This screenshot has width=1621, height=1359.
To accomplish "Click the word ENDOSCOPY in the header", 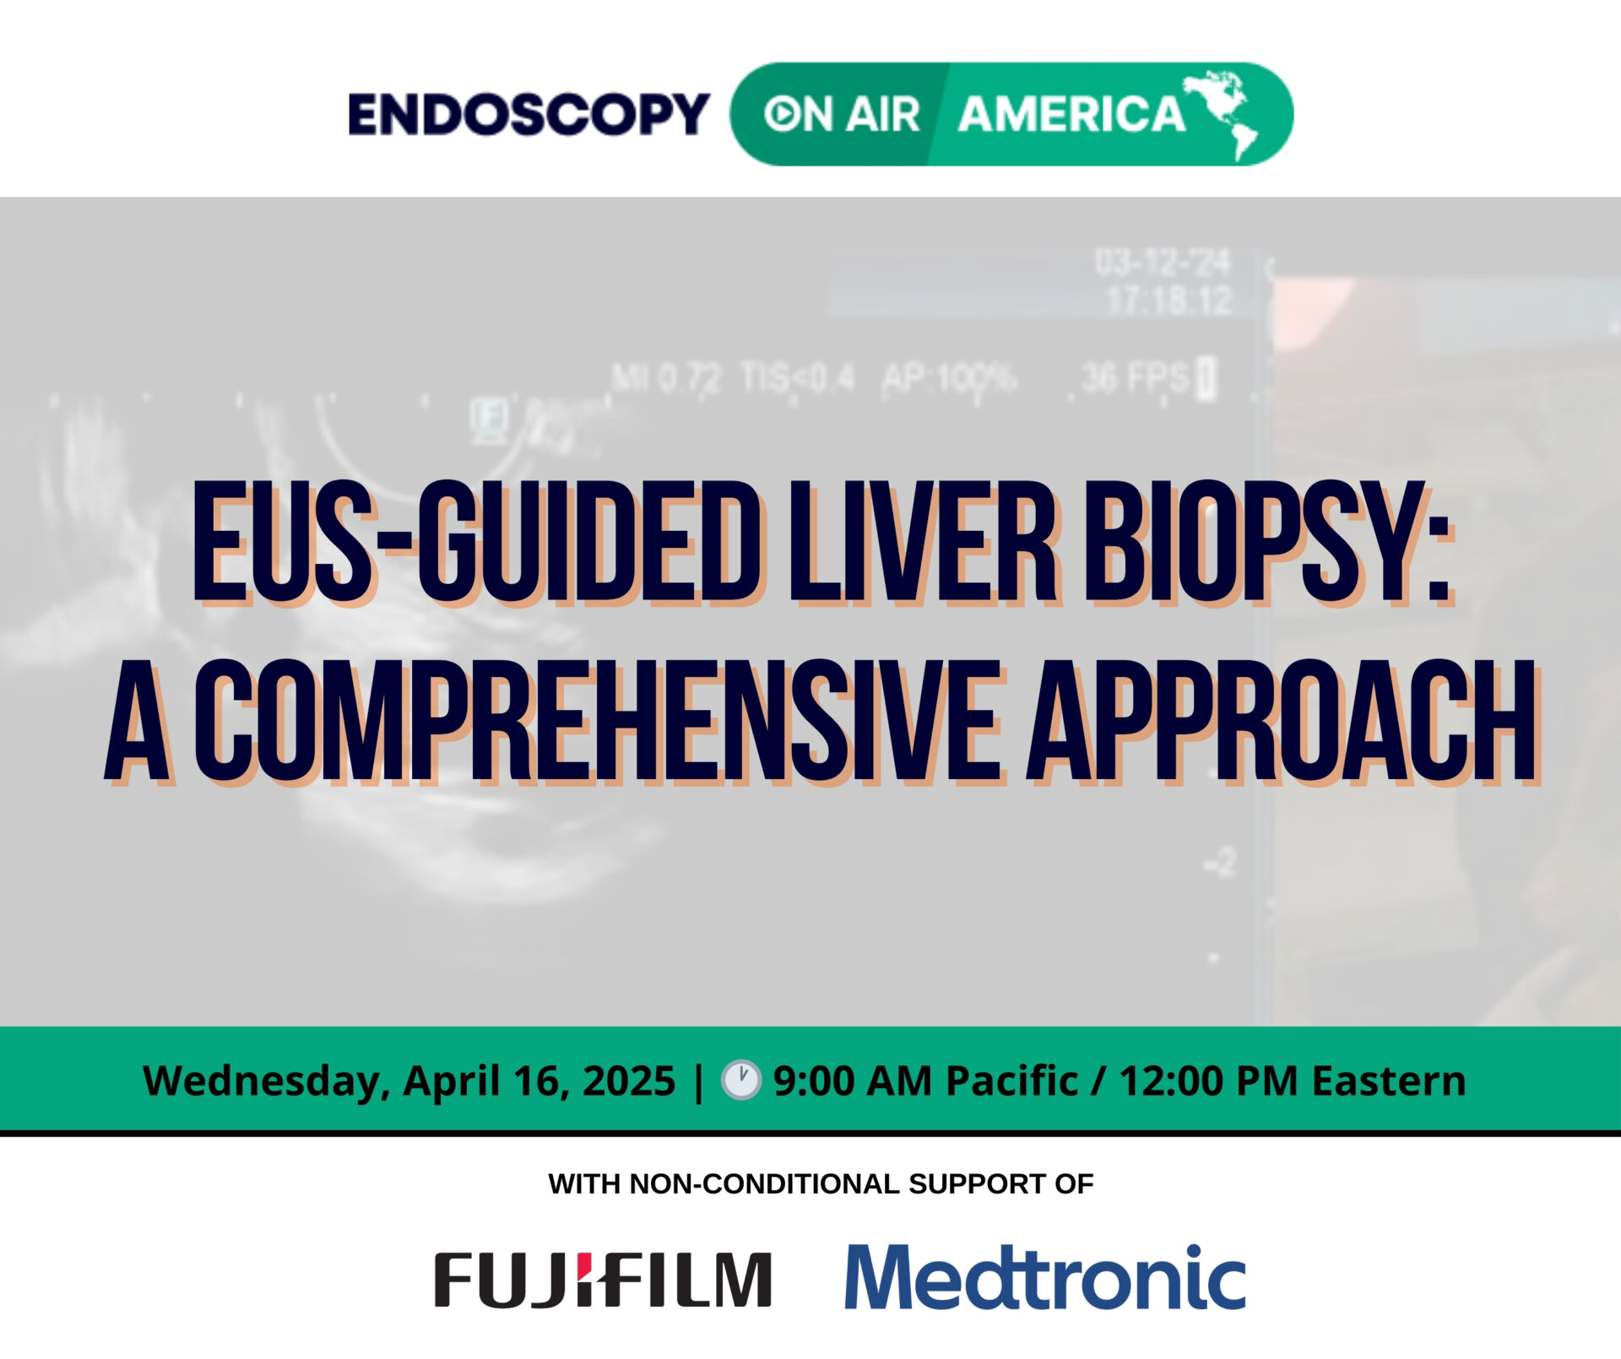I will point(529,115).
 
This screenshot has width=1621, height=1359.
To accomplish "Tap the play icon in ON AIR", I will point(780,115).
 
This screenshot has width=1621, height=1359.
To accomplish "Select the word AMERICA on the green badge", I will point(1071,115).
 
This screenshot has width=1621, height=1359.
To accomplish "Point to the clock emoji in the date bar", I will point(740,1081).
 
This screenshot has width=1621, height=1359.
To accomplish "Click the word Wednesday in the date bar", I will point(261,1081).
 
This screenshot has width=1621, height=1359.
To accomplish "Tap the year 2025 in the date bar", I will point(629,1081).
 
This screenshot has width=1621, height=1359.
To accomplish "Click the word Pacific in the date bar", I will point(1011,1081).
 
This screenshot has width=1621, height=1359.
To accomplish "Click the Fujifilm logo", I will point(603,1280).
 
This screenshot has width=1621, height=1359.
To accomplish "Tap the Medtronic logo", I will point(1045,1277).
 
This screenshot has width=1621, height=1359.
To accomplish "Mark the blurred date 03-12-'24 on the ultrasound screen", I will point(1163,263).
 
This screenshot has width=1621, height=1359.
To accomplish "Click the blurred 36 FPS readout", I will point(1136,378).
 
